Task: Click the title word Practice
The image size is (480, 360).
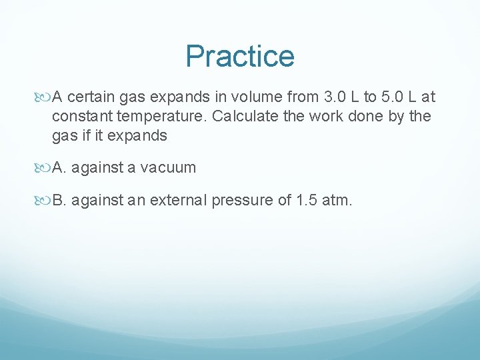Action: pos(240,56)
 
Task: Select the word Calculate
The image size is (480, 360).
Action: pos(243,117)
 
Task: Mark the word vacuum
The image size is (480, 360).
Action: pos(170,168)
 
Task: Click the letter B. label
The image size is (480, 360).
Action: pos(59,201)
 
